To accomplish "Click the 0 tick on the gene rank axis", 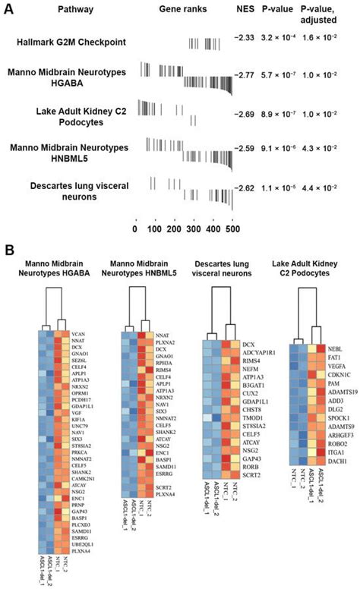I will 135,227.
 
